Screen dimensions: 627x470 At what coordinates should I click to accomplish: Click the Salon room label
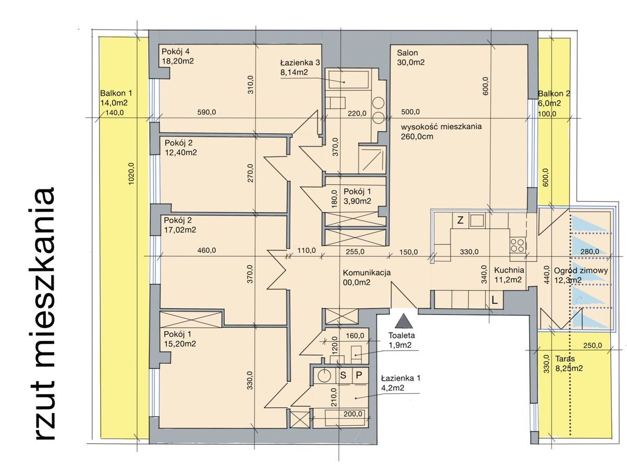(x=407, y=53)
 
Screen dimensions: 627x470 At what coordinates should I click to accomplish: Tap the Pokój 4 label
(x=176, y=52)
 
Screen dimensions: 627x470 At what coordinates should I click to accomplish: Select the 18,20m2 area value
(x=178, y=61)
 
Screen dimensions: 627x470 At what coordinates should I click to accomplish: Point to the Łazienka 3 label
(x=300, y=62)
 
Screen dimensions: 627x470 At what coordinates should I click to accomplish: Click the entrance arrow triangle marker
(x=403, y=320)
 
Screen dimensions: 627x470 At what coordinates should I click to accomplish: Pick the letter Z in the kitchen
(x=460, y=221)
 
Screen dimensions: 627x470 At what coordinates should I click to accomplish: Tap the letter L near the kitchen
(x=495, y=300)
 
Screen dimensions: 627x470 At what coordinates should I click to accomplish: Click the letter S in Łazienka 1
(x=343, y=375)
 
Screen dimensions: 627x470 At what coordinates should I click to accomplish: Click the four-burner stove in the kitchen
(x=518, y=246)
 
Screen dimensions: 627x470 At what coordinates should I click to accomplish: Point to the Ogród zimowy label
(x=581, y=270)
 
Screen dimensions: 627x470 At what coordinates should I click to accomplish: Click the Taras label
(x=565, y=358)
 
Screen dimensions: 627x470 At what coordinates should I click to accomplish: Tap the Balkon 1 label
(x=116, y=93)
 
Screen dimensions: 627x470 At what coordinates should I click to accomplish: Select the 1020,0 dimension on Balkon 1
(x=131, y=174)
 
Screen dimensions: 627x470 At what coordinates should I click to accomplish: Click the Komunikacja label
(x=367, y=273)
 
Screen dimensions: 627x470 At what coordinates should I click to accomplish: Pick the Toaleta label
(x=401, y=335)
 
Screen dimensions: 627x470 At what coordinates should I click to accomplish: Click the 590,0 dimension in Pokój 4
(x=207, y=112)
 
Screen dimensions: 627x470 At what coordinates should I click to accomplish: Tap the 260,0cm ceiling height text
(x=417, y=136)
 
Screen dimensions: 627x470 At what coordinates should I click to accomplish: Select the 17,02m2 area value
(x=180, y=230)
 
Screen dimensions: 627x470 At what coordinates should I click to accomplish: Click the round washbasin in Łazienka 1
(x=325, y=376)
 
